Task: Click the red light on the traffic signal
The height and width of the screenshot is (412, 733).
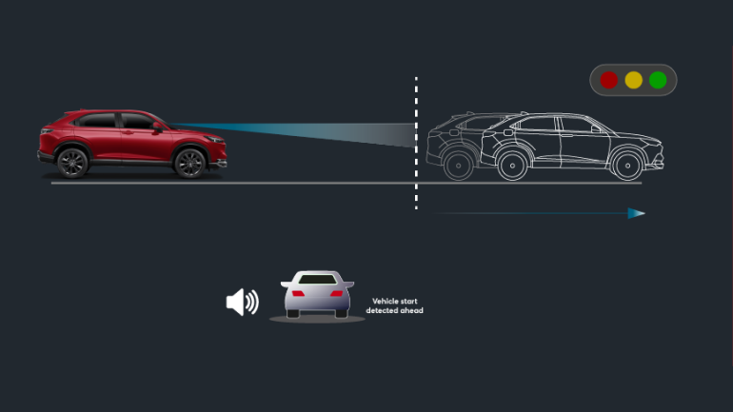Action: point(609,80)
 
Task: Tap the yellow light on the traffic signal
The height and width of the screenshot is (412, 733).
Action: point(633,80)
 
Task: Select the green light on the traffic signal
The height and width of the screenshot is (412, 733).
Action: point(658,80)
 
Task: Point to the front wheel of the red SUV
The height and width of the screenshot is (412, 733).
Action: point(189,163)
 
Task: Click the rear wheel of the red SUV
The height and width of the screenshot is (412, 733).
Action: point(72,163)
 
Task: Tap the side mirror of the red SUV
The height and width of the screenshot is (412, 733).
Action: point(157,127)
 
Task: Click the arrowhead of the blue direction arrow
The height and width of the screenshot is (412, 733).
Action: point(637,213)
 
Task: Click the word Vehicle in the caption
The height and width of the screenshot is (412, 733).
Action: point(385,302)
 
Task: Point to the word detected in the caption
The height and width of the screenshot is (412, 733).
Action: point(382,311)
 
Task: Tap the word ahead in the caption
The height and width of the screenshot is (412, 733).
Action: point(412,311)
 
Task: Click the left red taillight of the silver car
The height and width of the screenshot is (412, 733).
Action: point(297,293)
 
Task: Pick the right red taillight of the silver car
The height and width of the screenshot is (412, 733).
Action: point(337,293)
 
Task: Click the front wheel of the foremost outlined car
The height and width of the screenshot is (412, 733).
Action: point(626,165)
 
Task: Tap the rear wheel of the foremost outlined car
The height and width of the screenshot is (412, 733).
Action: point(513,165)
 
